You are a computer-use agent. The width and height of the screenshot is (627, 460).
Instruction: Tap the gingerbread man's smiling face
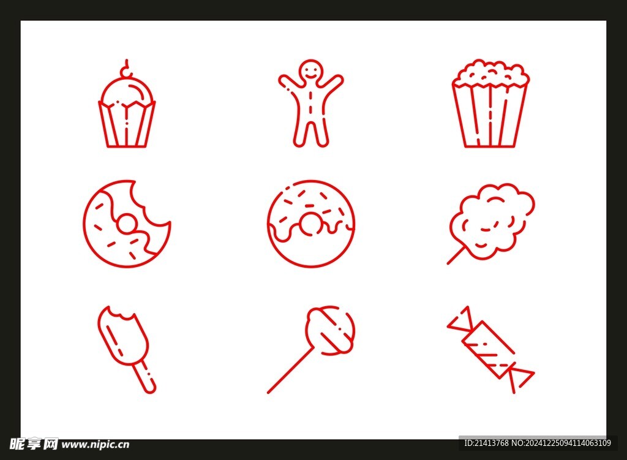tap(310, 71)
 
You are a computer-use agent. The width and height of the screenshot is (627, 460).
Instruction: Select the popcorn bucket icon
tap(490, 104)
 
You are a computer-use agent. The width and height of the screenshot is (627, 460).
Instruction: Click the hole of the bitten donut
tap(127, 224)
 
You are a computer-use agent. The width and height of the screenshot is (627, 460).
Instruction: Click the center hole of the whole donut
tap(310, 225)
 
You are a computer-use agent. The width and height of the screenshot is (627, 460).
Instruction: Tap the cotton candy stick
tap(456, 255)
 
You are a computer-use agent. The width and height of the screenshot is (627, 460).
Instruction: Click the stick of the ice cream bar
tap(143, 377)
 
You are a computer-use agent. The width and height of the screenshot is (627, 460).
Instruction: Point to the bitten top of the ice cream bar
tap(118, 314)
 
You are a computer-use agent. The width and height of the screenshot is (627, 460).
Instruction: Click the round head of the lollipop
tap(330, 330)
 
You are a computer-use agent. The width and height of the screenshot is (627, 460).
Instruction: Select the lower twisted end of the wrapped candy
tap(519, 379)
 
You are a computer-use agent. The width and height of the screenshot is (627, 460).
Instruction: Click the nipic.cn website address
tap(95, 445)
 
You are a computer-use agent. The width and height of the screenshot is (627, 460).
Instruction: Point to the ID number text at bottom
tap(538, 443)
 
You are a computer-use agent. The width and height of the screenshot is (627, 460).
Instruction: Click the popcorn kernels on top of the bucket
tap(490, 74)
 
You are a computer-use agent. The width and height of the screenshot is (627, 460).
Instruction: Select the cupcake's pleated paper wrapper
tap(127, 124)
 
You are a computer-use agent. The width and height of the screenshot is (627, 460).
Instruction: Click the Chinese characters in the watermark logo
tap(34, 443)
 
